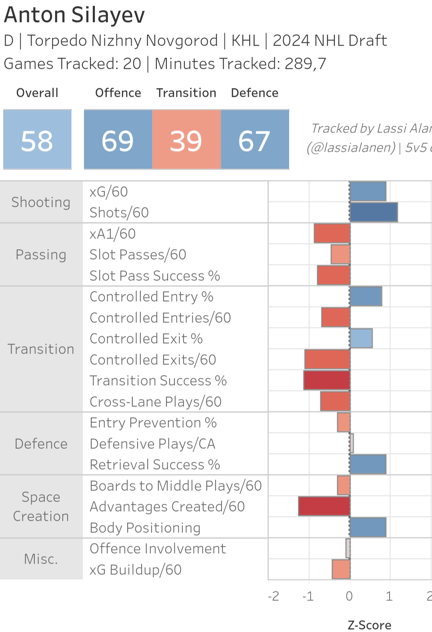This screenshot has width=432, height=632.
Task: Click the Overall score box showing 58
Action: [37, 140]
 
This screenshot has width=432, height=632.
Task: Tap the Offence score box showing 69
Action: [118, 140]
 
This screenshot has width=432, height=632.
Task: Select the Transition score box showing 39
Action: [186, 140]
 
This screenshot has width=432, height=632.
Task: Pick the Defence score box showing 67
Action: [255, 140]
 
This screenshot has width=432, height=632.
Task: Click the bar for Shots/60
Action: [374, 212]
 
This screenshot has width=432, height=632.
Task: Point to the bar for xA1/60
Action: [332, 234]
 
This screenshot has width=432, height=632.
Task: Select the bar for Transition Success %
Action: [327, 380]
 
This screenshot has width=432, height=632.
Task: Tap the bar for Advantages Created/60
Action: [324, 506]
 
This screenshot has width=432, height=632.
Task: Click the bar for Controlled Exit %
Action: [361, 338]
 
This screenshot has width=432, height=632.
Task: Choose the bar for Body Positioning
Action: [368, 527]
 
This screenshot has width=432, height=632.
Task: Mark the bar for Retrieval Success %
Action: [368, 464]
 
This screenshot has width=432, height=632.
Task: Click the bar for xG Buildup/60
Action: [341, 569]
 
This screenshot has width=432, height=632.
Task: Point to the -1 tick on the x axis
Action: [308, 596]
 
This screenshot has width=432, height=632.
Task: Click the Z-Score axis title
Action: [369, 625]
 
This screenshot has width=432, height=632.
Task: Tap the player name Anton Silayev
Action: [74, 15]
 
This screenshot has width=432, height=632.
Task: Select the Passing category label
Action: [41, 255]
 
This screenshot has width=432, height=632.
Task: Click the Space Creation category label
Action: [41, 506]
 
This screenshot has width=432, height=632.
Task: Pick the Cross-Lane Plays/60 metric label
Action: [156, 402]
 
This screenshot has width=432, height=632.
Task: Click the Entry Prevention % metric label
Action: [153, 423]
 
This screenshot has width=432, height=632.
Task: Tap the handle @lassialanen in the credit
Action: [351, 148]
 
